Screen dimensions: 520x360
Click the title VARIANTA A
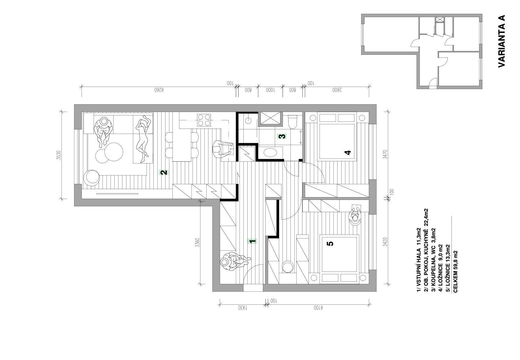501,41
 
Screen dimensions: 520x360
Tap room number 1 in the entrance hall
252,241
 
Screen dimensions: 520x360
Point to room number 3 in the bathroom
282,136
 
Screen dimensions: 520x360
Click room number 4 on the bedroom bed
348,152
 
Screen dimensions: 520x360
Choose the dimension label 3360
197,242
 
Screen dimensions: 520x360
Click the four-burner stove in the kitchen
204,120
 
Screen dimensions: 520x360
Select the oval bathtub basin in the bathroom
271,153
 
